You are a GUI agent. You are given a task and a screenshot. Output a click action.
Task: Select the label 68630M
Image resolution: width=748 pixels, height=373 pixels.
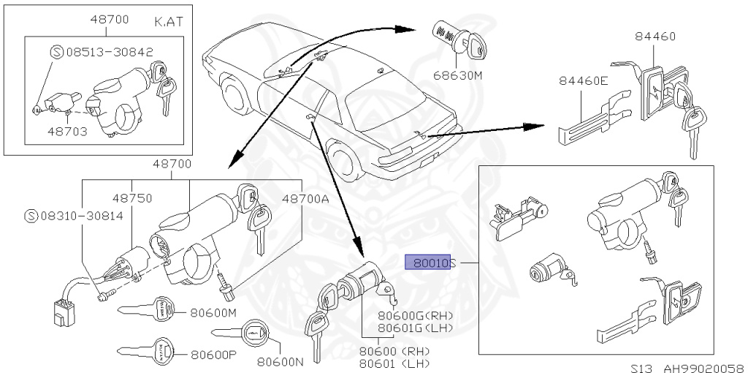coord(460,75)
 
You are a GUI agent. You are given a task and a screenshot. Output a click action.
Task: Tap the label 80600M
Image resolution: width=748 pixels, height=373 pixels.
coord(213,312)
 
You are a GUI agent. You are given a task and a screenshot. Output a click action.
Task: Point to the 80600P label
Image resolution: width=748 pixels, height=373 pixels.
coord(213,356)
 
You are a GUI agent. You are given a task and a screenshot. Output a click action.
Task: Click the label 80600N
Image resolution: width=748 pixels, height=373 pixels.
coord(280,361)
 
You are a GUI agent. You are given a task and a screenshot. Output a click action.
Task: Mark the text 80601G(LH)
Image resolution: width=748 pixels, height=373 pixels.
coord(415,328)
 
